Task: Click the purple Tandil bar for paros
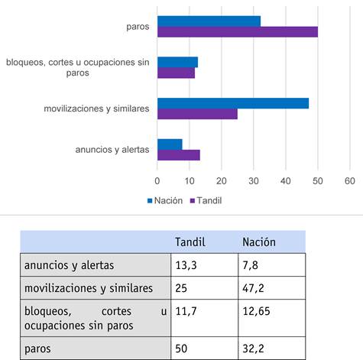(x=237, y=32)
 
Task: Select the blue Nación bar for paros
(x=209, y=21)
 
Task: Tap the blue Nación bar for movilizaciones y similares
(x=233, y=103)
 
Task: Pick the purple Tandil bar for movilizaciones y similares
(x=197, y=114)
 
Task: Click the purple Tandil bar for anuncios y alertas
(x=178, y=155)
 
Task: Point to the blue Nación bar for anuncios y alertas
(x=170, y=144)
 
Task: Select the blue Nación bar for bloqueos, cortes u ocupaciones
(x=177, y=62)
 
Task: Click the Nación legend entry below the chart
(x=164, y=201)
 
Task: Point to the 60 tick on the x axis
(x=350, y=181)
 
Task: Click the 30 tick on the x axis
(x=254, y=181)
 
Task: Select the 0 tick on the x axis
(x=157, y=181)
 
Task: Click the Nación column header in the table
(x=259, y=242)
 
